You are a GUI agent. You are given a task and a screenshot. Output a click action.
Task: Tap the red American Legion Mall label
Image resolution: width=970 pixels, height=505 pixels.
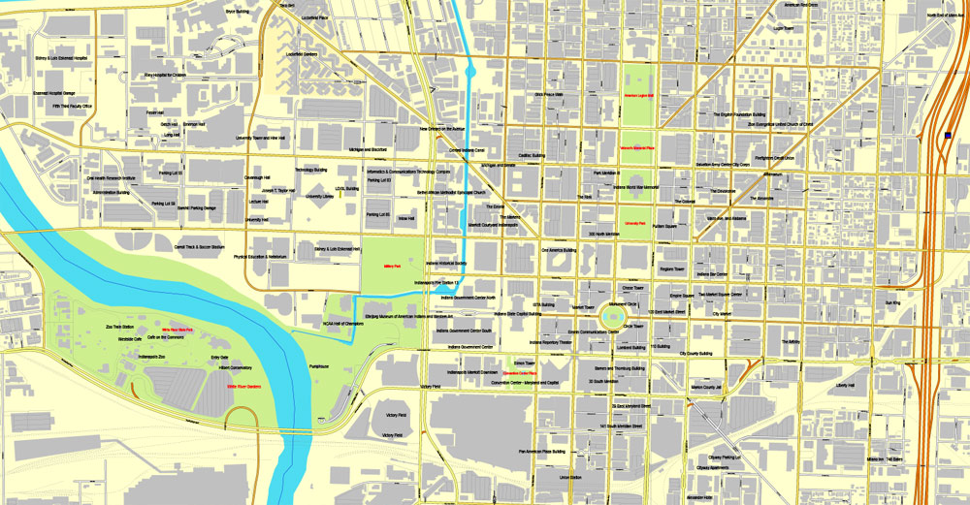tap(639, 96)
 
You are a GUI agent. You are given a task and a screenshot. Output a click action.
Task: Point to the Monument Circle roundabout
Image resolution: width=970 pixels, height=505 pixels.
tap(614, 313)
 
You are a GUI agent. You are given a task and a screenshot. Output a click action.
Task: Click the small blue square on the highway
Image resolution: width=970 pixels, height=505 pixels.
tap(946, 136)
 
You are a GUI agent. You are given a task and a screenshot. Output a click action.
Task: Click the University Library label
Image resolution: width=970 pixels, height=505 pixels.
tap(319, 197)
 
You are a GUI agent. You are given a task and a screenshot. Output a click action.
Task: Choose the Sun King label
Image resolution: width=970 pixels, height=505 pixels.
tap(892, 303)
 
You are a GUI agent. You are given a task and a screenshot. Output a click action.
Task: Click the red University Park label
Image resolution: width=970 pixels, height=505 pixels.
tap(635, 223)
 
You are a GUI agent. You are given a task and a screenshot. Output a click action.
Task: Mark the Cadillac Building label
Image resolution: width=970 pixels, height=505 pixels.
tap(532, 155)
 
